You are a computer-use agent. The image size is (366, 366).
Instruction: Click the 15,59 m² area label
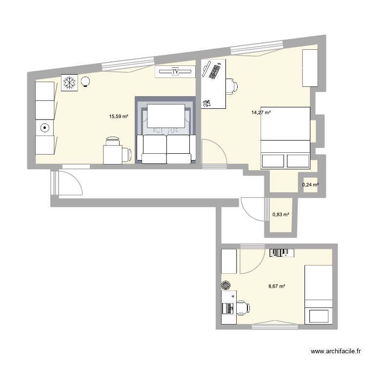tap(119, 117)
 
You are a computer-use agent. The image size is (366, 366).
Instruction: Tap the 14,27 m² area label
tap(261, 113)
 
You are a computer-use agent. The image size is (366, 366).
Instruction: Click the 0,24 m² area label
tap(310, 185)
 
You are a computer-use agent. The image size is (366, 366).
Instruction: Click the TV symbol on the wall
tap(175, 72)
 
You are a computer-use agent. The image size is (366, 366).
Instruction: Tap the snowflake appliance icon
tap(69, 82)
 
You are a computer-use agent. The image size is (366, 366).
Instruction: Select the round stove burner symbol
tap(45, 128)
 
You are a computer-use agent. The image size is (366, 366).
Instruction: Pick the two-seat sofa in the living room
tap(166, 148)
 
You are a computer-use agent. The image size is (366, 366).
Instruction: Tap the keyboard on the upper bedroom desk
tap(214, 71)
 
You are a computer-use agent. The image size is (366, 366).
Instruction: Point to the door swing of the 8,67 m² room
tap(250, 261)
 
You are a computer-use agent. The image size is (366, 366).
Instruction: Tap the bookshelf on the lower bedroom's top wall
tap(282, 252)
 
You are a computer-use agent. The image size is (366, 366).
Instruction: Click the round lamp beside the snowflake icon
tap(86, 82)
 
